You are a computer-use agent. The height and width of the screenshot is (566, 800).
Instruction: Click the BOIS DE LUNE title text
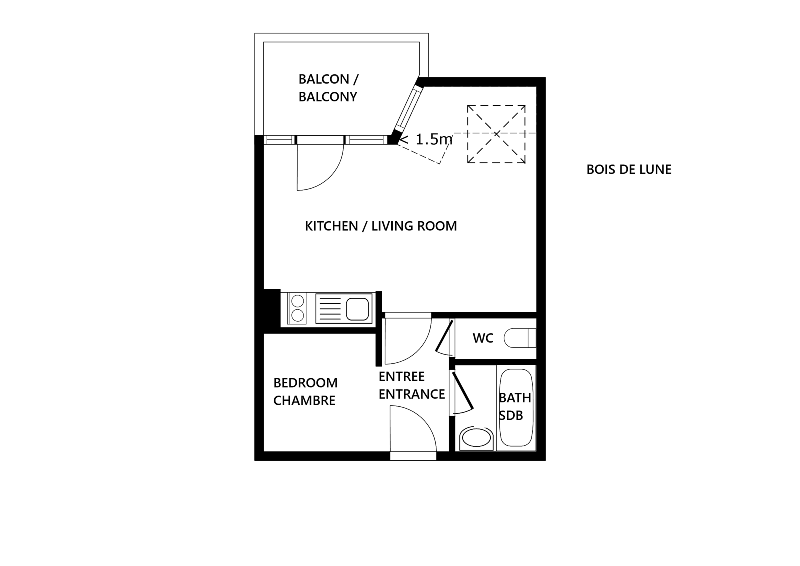(x=629, y=169)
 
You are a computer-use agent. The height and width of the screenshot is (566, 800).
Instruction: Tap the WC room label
(x=483, y=338)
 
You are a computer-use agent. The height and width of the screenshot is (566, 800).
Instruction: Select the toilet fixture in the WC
(x=520, y=338)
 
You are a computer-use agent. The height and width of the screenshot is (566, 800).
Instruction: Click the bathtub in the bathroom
(x=516, y=408)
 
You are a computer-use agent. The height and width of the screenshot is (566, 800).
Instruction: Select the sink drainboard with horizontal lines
(x=328, y=308)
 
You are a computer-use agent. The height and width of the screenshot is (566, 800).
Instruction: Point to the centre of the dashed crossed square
(x=496, y=134)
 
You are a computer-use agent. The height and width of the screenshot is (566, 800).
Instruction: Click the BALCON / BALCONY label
(x=328, y=88)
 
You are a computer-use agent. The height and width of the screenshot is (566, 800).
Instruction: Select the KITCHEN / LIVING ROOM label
(x=381, y=226)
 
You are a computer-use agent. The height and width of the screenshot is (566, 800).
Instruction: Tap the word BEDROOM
(x=305, y=383)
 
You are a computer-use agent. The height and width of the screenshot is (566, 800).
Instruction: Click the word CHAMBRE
(x=304, y=401)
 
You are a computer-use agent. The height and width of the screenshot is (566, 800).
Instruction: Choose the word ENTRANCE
(x=412, y=394)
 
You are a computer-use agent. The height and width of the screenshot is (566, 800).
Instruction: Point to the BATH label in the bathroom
(x=515, y=398)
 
